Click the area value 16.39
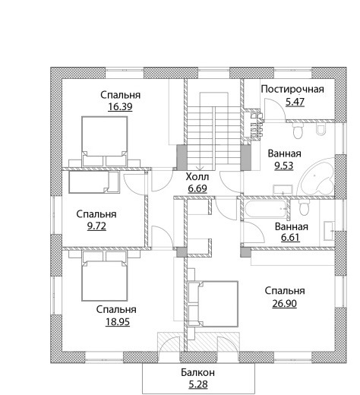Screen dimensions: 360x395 pos(120,107)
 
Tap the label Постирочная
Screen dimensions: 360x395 pos(292,89)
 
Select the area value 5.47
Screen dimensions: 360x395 pos(295,102)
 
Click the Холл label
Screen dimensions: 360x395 pos(197,177)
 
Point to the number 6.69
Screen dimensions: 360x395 pos(197,188)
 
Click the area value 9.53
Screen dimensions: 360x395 pos(284,166)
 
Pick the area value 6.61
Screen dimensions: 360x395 pos(290,238)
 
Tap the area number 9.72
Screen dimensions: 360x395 pos(96,226)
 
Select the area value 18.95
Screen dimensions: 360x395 pos(118,322)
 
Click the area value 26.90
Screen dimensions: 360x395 pos(285,303)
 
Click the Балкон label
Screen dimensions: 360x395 pos(197,372)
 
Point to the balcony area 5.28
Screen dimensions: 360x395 pos(198,384)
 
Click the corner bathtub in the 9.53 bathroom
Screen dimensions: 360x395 pos(317,178)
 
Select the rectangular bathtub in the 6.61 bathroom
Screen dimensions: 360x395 pos(266,210)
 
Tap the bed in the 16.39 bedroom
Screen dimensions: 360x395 pos(104,141)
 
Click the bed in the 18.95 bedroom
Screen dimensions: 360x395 pos(104,276)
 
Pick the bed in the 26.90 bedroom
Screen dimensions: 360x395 pos(213,304)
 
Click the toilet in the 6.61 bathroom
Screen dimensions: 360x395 pos(304,207)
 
